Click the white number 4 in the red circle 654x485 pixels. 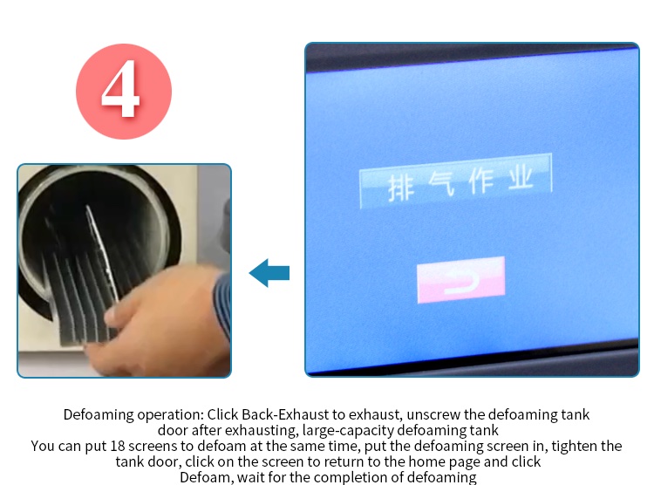tap(120, 88)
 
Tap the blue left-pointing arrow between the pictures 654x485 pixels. tap(269, 273)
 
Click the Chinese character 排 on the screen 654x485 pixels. tap(401, 188)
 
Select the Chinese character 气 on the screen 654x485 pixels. tap(442, 183)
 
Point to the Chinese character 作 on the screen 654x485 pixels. tap(481, 181)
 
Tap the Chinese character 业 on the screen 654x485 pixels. tap(521, 177)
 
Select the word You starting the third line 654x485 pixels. tap(43, 446)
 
